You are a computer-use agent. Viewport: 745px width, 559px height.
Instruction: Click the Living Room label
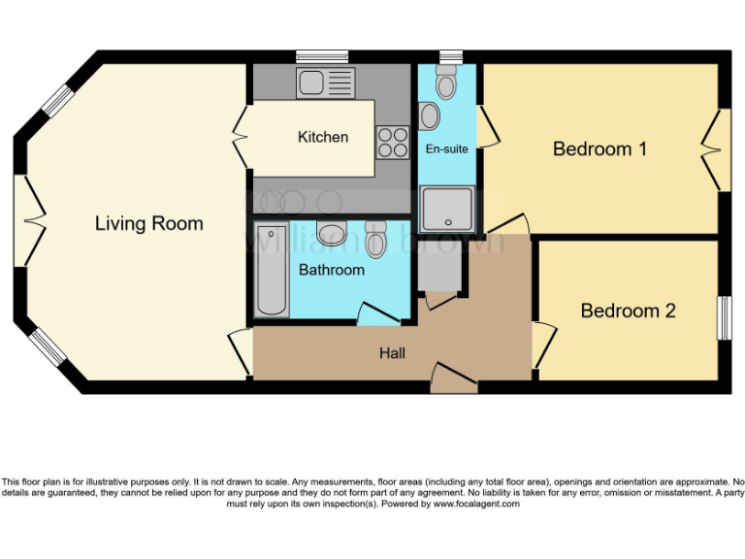coord(148,223)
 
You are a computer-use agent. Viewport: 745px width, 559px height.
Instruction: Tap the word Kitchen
coord(322,137)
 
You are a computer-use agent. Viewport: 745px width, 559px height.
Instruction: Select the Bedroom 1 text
coord(599,149)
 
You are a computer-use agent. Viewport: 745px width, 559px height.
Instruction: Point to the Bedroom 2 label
coord(628,311)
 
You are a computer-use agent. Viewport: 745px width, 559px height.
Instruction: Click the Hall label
coord(392,353)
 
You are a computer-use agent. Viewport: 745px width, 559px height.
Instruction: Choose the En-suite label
coord(447,149)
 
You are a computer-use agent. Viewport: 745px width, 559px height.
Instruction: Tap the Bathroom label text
coord(331,270)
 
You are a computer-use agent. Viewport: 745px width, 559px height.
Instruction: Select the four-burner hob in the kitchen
coord(393,143)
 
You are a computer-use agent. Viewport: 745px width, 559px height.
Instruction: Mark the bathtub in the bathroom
coord(271,270)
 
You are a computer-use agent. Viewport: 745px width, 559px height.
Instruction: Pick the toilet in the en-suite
coord(446,83)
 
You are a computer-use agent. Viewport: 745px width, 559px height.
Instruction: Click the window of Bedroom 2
coord(724,317)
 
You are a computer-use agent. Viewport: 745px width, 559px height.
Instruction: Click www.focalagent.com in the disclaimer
coord(476,504)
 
